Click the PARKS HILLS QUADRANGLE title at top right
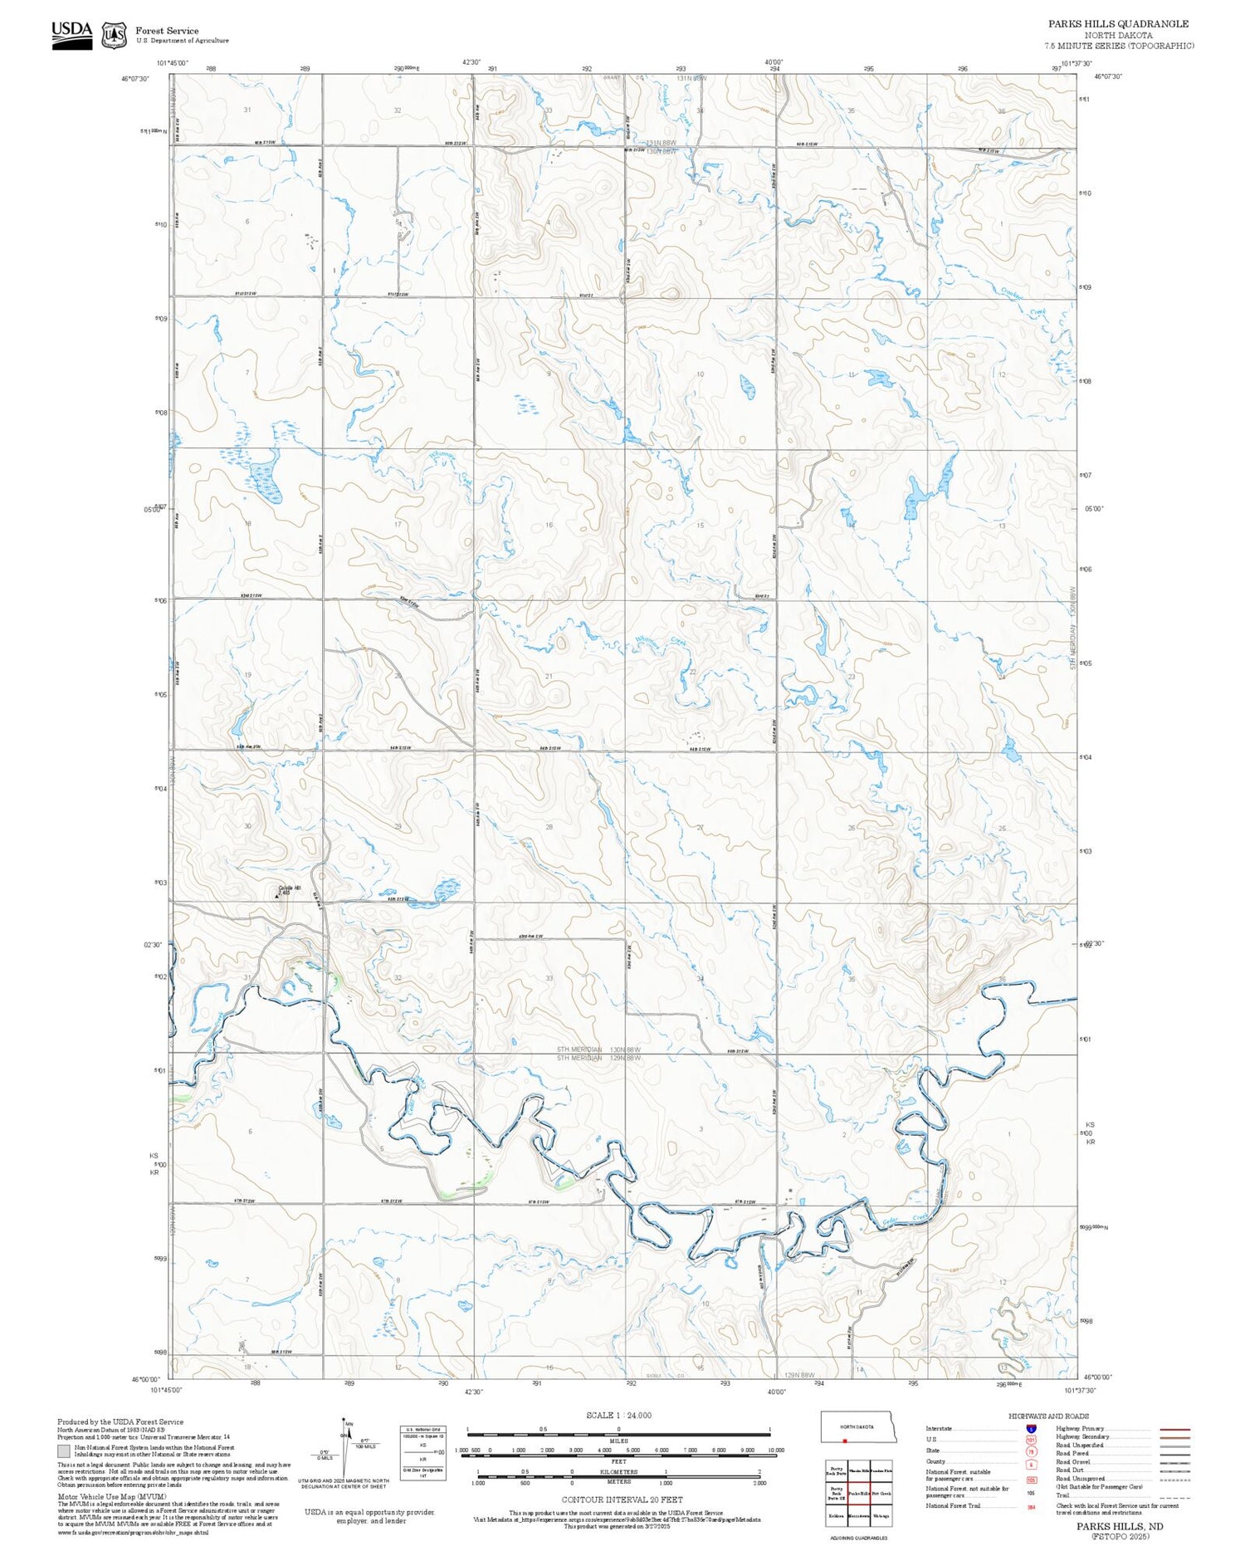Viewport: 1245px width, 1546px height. tap(1118, 24)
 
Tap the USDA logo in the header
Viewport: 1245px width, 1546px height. tap(72, 35)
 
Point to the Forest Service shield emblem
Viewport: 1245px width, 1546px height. tap(114, 36)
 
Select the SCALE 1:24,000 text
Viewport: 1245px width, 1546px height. tap(618, 1415)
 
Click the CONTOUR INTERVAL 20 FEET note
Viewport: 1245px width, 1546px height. tap(622, 1500)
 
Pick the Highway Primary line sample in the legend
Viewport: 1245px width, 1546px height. tap(1172, 1430)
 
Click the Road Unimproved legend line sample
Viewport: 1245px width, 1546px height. tap(1172, 1479)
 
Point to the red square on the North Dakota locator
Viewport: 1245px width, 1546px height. tap(845, 1441)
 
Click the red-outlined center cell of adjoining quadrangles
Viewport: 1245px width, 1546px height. tap(859, 1493)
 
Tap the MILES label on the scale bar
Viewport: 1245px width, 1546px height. tap(619, 1441)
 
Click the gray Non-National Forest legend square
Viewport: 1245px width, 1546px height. tap(64, 1451)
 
